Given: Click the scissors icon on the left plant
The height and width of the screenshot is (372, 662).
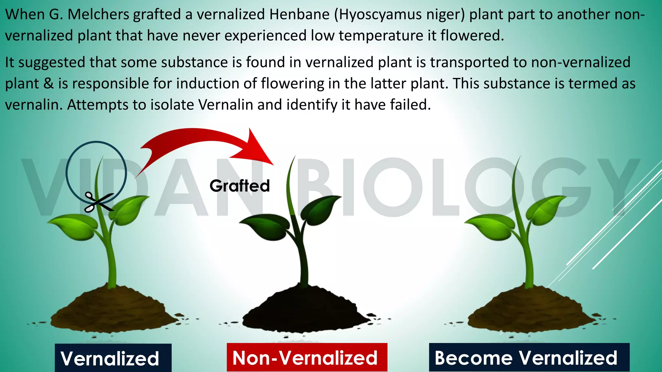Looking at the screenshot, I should pyautogui.click(x=99, y=202).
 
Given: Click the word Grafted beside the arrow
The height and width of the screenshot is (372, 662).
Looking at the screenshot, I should pyautogui.click(x=240, y=186).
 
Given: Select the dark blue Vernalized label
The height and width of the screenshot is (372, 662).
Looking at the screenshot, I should pyautogui.click(x=113, y=358).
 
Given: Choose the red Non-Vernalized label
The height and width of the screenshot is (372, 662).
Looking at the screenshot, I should pyautogui.click(x=307, y=357).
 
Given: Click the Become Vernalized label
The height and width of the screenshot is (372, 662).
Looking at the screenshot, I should pyautogui.click(x=529, y=357).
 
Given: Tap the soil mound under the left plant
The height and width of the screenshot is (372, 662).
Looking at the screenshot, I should pyautogui.click(x=113, y=308).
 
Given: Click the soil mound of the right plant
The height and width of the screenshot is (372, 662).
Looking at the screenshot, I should pyautogui.click(x=530, y=308).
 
